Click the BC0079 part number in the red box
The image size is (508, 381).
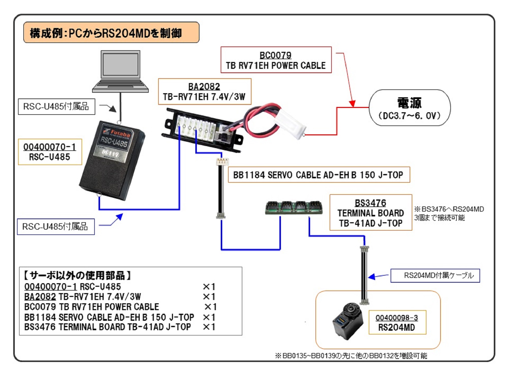coord(275,55)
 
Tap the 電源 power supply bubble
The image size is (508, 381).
coord(409,108)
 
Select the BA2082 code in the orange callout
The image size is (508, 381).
coord(204,86)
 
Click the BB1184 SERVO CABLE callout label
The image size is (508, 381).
coord(319,175)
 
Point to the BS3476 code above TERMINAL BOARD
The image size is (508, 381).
coord(370,203)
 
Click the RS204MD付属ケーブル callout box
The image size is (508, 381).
coord(435,276)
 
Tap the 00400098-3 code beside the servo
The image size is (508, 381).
coord(397,317)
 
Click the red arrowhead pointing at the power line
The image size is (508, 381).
coord(352,104)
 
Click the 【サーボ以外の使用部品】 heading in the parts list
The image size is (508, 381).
coord(77,275)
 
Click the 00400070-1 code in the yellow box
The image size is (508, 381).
coord(50,147)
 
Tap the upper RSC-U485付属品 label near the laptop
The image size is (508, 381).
coord(56,106)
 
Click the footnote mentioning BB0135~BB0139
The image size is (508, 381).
coord(351,356)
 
